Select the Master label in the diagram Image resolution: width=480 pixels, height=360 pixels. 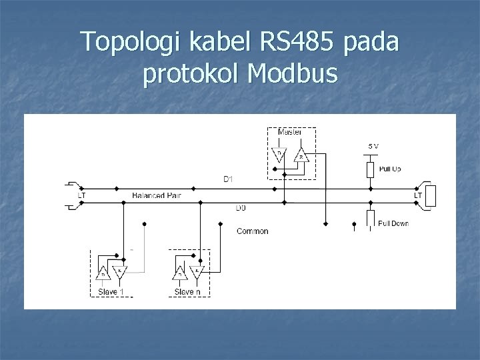click(x=289, y=132)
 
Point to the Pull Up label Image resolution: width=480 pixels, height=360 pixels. click(x=389, y=169)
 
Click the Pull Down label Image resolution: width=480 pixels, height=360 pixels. click(x=393, y=223)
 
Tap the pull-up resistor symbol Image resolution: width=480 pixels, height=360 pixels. click(x=371, y=169)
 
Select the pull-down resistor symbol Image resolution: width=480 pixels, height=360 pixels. click(x=371, y=219)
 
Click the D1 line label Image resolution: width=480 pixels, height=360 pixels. click(x=228, y=179)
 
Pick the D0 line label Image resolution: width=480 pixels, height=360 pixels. click(x=241, y=208)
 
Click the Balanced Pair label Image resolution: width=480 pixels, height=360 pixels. click(x=157, y=196)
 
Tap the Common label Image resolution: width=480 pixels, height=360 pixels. click(x=253, y=231)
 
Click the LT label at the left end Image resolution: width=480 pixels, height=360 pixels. click(x=81, y=195)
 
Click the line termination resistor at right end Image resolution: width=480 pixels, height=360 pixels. click(x=430, y=195)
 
